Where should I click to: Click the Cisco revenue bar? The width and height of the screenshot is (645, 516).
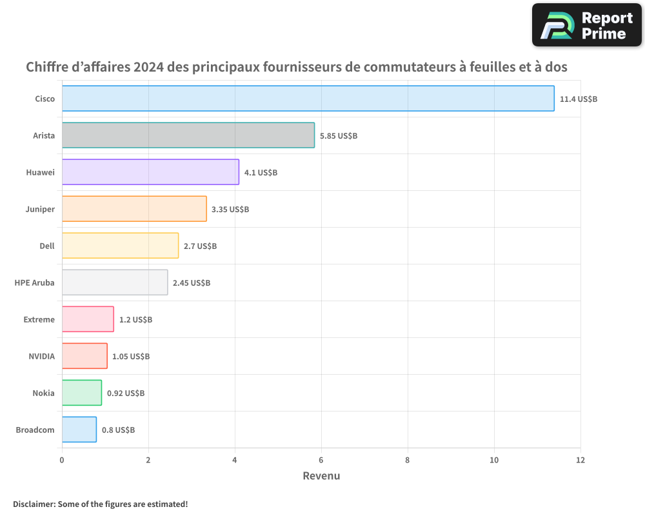pyautogui.click(x=308, y=99)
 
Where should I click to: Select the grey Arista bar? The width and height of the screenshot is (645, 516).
pyautogui.click(x=188, y=135)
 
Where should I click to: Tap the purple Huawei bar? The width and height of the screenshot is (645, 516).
pyautogui.click(x=150, y=172)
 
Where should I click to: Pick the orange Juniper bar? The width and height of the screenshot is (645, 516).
pyautogui.click(x=134, y=209)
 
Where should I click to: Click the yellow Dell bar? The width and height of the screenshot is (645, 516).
pyautogui.click(x=120, y=246)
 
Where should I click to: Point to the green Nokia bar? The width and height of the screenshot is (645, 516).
pyautogui.click(x=81, y=393)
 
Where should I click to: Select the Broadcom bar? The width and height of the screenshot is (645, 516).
pyautogui.click(x=79, y=430)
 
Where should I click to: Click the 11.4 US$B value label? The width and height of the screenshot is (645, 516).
pyautogui.click(x=579, y=99)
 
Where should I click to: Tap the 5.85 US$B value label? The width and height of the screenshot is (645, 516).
pyautogui.click(x=339, y=136)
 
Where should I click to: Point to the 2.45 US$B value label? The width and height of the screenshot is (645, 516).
pyautogui.click(x=192, y=283)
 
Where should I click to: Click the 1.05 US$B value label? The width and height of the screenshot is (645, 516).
pyautogui.click(x=131, y=357)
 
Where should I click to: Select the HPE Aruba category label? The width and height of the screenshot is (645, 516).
pyautogui.click(x=34, y=283)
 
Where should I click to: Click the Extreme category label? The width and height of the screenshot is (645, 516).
pyautogui.click(x=39, y=320)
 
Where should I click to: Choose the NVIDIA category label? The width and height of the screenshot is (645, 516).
pyautogui.click(x=41, y=357)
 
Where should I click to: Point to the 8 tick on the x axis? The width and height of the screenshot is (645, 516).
pyautogui.click(x=408, y=461)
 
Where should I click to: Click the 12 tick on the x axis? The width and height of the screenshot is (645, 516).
pyautogui.click(x=580, y=461)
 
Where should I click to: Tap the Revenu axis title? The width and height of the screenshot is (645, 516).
pyautogui.click(x=321, y=476)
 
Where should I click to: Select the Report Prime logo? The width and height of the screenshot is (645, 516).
pyautogui.click(x=587, y=25)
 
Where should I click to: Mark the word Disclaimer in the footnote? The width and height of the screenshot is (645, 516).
pyautogui.click(x=33, y=504)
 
